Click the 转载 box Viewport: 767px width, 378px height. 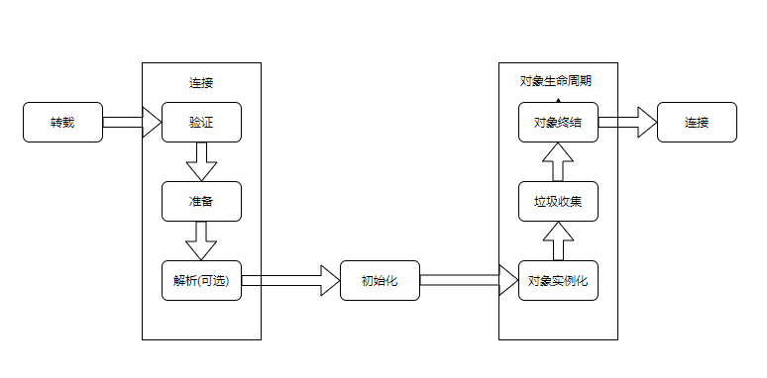click(x=62, y=123)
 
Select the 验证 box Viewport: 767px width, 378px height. click(x=201, y=123)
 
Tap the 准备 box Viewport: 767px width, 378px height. click(x=201, y=202)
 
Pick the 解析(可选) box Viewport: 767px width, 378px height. click(x=201, y=280)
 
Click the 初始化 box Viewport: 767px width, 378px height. click(x=380, y=280)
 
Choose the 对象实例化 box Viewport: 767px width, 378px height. click(x=558, y=280)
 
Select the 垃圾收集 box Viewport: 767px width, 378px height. click(x=558, y=202)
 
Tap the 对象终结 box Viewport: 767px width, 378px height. click(x=558, y=123)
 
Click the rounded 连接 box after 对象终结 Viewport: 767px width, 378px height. click(x=697, y=123)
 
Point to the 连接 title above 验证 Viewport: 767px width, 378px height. click(x=201, y=82)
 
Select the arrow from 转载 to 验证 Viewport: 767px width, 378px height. click(x=132, y=123)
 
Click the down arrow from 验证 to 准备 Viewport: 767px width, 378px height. click(x=201, y=162)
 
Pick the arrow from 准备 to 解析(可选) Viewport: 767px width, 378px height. click(x=201, y=241)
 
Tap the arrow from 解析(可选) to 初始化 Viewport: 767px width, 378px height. click(x=290, y=280)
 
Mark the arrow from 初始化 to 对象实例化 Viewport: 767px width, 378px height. click(x=469, y=280)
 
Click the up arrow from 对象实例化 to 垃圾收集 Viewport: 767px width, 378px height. click(x=558, y=241)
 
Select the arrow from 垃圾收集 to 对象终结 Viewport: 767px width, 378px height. click(x=558, y=162)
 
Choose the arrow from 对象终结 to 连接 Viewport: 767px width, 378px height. click(x=627, y=123)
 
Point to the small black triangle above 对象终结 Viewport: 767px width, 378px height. click(x=558, y=100)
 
